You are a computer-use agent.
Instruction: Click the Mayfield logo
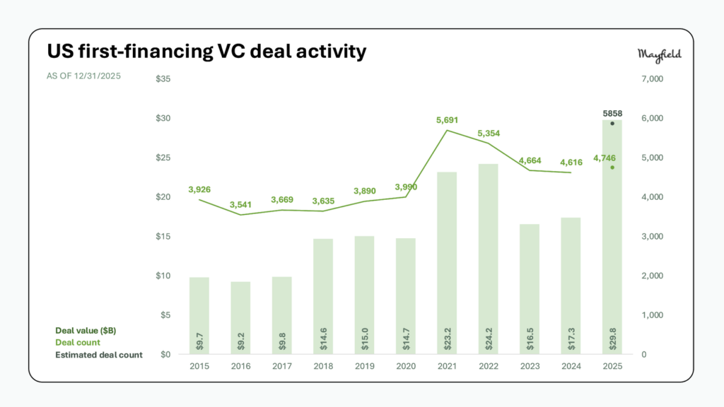coord(659,55)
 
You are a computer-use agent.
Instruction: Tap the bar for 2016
coord(240,318)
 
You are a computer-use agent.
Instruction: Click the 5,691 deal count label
coord(447,120)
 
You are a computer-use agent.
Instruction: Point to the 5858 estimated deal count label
coord(612,113)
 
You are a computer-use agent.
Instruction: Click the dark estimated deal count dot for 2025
coord(612,124)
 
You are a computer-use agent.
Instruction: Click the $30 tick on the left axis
coord(163,118)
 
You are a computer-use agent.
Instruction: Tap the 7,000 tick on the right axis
coord(652,78)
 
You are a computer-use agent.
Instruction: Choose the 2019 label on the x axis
coord(364,367)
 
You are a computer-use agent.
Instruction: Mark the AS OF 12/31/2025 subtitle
coord(84,76)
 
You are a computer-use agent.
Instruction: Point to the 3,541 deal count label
coord(240,205)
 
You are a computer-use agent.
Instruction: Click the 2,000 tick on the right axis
coord(652,276)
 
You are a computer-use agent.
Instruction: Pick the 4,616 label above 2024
coord(571,163)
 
